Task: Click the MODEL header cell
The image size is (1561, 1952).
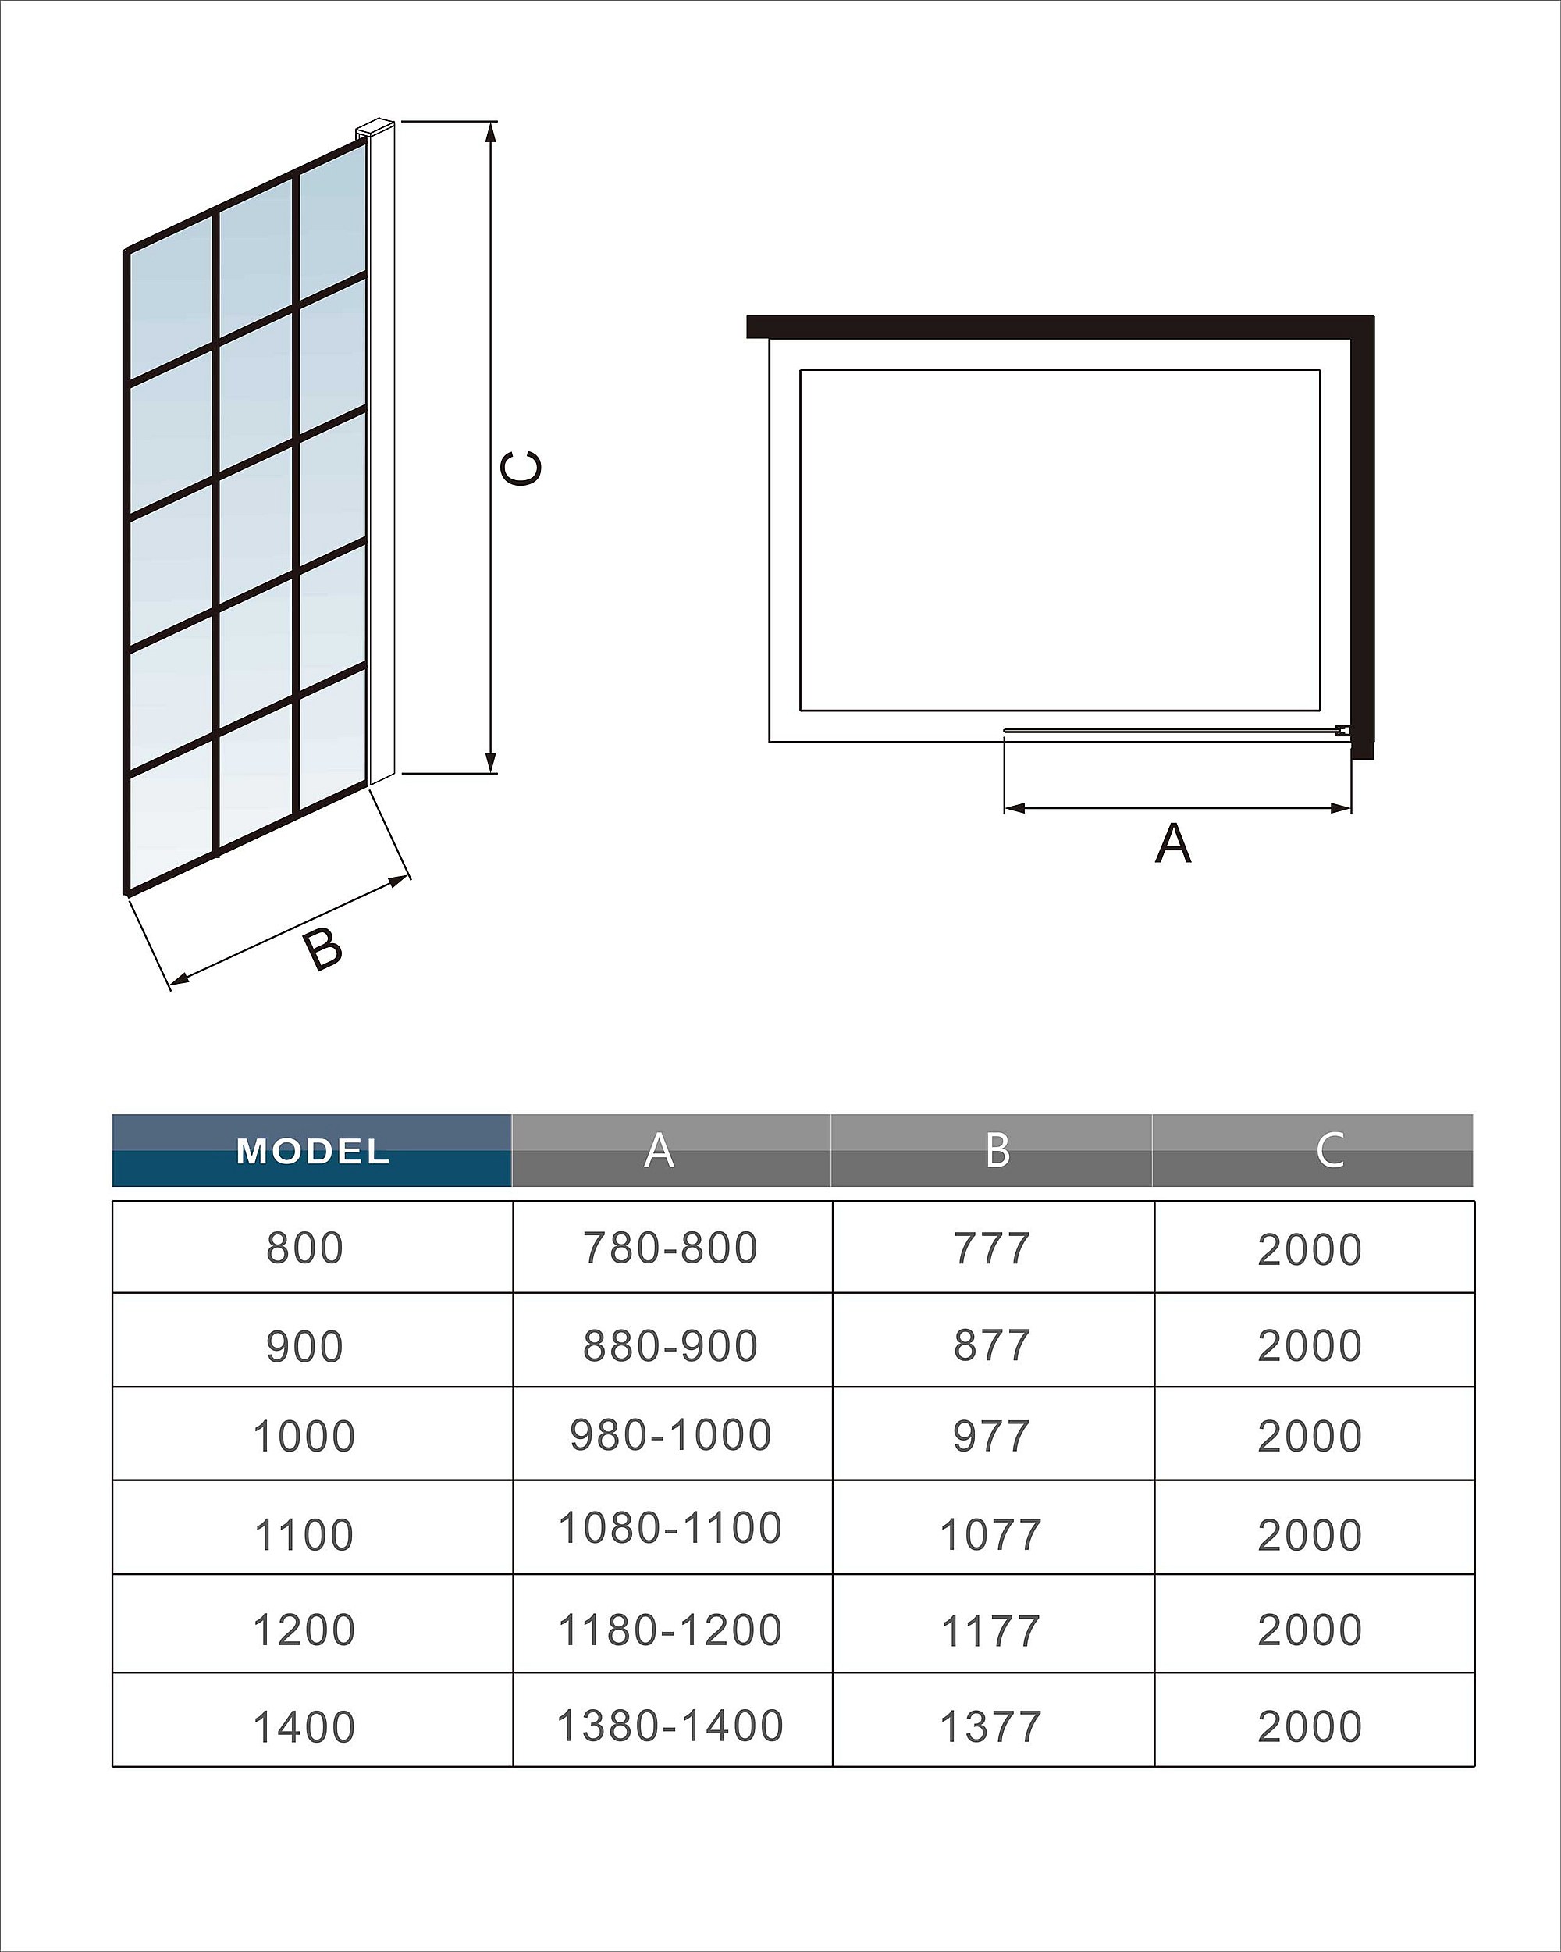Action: tap(312, 1151)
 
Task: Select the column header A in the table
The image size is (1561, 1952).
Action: tap(659, 1151)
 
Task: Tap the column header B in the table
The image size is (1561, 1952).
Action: tap(997, 1151)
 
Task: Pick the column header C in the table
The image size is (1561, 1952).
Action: tap(1329, 1151)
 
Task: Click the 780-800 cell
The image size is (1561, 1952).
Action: tap(670, 1248)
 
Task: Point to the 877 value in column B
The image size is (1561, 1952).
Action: tap(992, 1345)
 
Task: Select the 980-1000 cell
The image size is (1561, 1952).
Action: tap(670, 1435)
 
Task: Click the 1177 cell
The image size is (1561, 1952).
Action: tap(991, 1632)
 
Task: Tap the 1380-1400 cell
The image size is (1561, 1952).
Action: tap(670, 1726)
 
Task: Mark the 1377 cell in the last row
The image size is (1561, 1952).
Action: tap(991, 1727)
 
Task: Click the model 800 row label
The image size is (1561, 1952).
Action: tap(305, 1248)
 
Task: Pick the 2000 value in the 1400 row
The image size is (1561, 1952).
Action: tap(1310, 1727)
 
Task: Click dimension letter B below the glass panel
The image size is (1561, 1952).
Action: tap(323, 949)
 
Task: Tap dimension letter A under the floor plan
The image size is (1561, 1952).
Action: tap(1174, 844)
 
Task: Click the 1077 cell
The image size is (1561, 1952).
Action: tap(991, 1536)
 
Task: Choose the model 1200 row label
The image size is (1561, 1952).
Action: tap(304, 1630)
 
